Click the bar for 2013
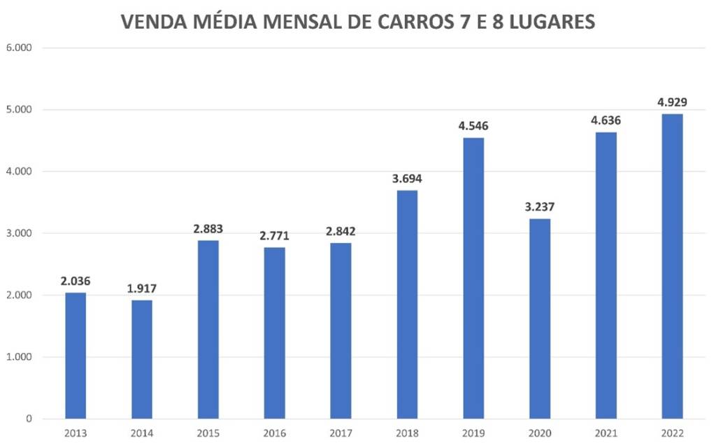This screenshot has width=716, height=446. click(76, 356)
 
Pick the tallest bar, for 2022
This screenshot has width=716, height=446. click(672, 266)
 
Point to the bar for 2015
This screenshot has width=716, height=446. click(208, 329)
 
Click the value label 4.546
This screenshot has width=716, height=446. click(473, 127)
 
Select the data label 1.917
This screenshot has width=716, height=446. click(142, 288)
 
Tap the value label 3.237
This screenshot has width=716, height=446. click(540, 207)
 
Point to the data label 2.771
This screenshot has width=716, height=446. click(274, 236)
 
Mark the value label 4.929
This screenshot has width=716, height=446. click(672, 102)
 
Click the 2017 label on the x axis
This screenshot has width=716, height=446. click(341, 433)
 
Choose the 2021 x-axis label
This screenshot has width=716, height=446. click(606, 433)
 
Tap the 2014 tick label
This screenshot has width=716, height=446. click(142, 433)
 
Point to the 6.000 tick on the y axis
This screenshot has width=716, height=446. click(20, 48)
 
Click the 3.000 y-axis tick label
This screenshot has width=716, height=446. click(20, 233)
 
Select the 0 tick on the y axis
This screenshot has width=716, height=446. click(28, 419)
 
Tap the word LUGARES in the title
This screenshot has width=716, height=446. click(546, 22)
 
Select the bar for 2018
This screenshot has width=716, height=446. click(407, 305)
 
